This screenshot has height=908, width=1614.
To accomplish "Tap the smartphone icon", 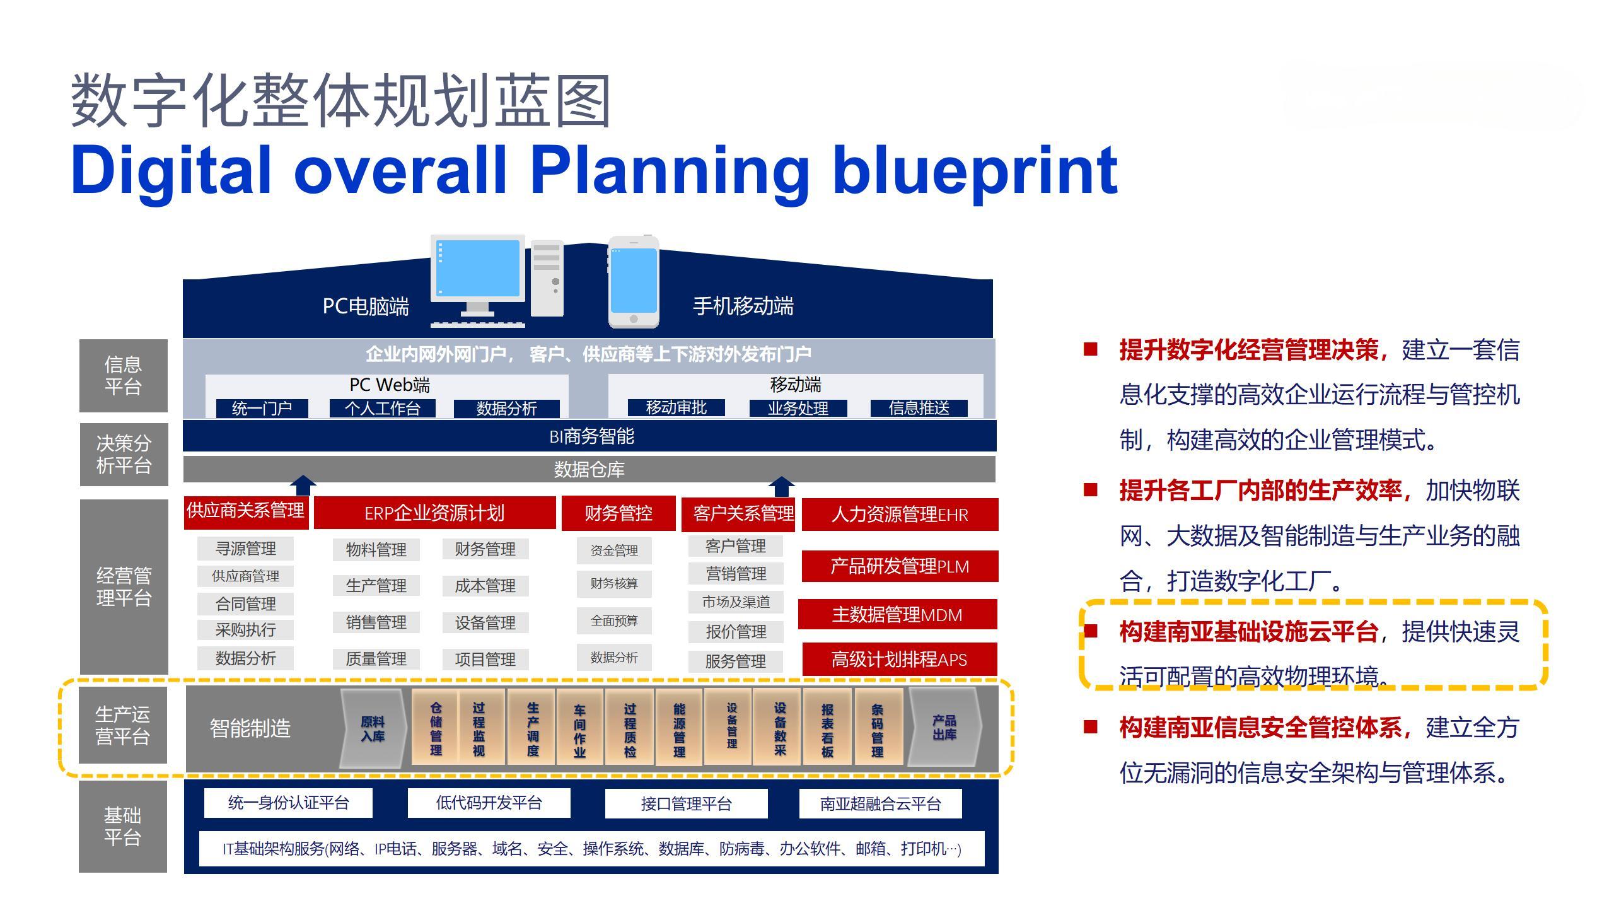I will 634,282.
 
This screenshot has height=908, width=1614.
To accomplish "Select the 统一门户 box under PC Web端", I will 262,409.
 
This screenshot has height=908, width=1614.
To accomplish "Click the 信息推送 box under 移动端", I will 919,408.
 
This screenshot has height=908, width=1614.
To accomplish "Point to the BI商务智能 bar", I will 590,436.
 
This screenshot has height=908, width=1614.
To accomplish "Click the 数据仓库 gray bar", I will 589,469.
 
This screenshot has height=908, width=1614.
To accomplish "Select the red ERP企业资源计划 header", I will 434,513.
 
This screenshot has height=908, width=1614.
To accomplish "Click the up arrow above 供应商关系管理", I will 303,486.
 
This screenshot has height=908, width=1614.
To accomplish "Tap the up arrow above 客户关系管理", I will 781,486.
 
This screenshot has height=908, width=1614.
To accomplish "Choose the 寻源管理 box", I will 245,549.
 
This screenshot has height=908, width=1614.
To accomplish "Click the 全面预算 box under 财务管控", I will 613,620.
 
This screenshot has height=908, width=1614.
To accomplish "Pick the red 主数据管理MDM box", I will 897,614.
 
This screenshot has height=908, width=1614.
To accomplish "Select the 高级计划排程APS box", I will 899,659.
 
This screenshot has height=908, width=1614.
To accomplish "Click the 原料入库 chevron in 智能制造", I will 373,728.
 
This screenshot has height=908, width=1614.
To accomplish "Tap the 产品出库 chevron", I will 944,727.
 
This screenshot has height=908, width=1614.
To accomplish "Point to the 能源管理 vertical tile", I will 678,728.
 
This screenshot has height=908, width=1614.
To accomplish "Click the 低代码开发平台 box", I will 489,803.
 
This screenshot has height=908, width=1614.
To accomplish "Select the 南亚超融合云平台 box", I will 880,803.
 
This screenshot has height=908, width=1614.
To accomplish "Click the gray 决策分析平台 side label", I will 124,454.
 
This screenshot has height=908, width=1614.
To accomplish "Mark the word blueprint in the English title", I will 975,170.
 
